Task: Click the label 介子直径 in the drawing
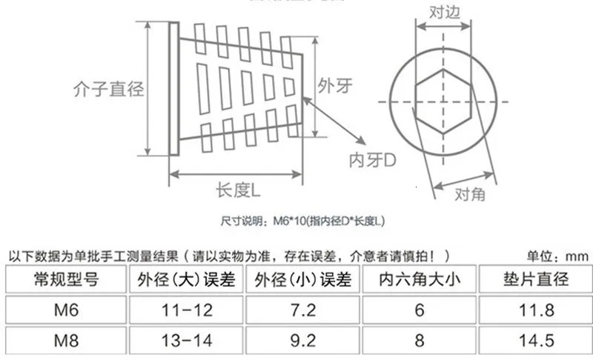pos(108,89)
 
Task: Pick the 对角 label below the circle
pos(470,194)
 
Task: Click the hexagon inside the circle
pos(443,101)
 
